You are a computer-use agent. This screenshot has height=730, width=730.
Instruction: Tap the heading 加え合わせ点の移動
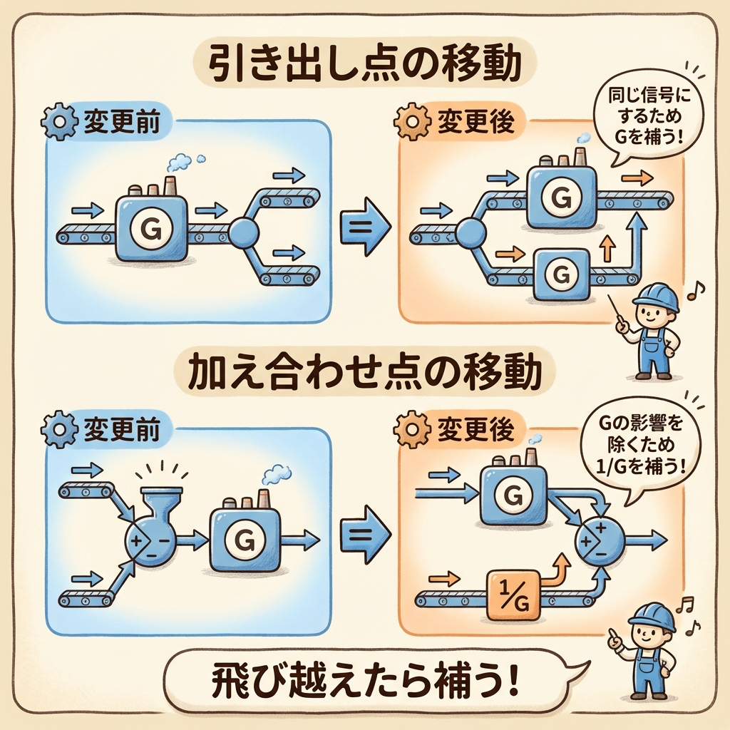[x=365, y=373]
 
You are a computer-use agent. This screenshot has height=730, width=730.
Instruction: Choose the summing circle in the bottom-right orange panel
[x=600, y=541]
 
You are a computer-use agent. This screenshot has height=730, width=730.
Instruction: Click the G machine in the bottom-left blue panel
[x=244, y=540]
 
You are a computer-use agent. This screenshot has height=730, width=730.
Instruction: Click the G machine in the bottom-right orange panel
[x=513, y=494]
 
